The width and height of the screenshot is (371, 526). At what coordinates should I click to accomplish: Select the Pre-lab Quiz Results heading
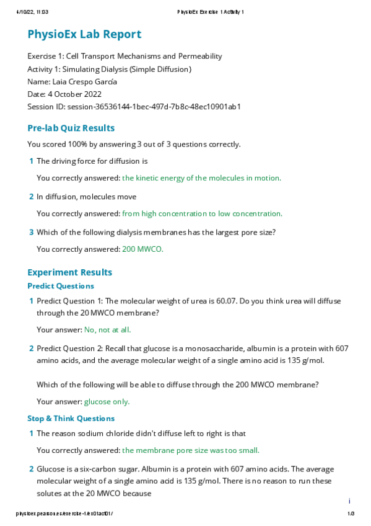pyautogui.click(x=71, y=128)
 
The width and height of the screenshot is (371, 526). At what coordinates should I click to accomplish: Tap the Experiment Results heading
pyautogui.click(x=70, y=272)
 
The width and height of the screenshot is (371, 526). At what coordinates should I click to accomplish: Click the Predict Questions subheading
pyautogui.click(x=61, y=286)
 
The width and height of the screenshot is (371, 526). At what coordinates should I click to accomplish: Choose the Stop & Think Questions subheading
pyautogui.click(x=71, y=419)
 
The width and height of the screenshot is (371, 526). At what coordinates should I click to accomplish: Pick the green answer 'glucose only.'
pyautogui.click(x=107, y=401)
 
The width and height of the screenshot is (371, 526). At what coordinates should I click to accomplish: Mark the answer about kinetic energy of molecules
pyautogui.click(x=201, y=178)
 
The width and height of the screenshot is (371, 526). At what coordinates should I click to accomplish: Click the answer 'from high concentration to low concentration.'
pyautogui.click(x=202, y=214)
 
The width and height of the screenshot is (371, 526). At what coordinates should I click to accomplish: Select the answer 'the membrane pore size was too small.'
pyautogui.click(x=191, y=450)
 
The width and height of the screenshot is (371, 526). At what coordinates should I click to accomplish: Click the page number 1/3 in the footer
pyautogui.click(x=350, y=514)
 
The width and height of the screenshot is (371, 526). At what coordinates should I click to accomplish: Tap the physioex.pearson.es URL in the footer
pyautogui.click(x=64, y=514)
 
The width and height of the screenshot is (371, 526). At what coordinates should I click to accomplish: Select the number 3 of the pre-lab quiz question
pyautogui.click(x=31, y=233)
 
